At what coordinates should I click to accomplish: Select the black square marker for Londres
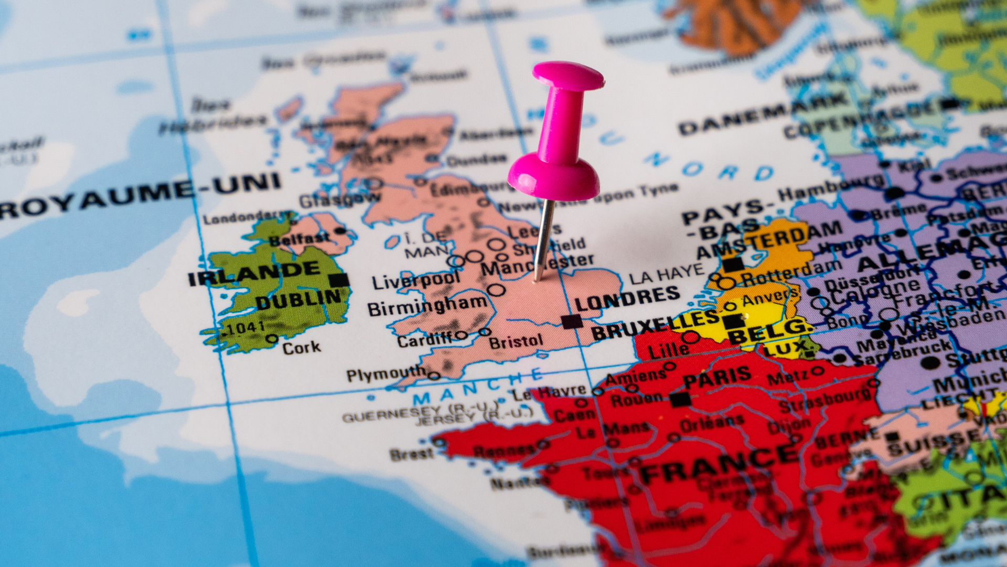coord(571,321)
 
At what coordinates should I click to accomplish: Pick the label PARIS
coord(717,377)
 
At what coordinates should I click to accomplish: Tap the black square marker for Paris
coord(680,400)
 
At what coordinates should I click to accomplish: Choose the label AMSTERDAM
coord(771,239)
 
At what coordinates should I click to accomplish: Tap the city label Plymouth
coord(385,374)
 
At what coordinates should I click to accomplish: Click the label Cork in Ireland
coord(302,348)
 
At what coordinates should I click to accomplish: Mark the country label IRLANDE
coord(254,273)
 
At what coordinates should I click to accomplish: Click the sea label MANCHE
coord(477,386)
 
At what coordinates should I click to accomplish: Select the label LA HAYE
coord(666,275)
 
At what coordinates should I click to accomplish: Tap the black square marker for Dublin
coord(339,280)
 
